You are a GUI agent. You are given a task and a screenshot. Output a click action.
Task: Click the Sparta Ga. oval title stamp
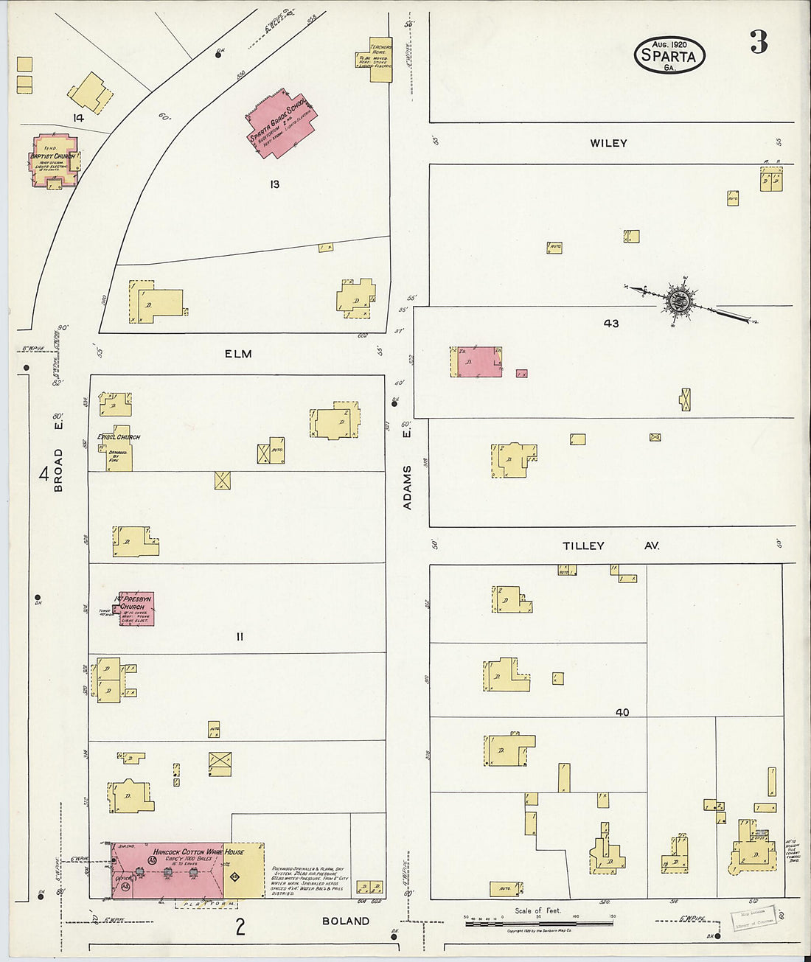click(669, 55)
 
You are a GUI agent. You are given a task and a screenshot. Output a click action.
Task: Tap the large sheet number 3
click(759, 43)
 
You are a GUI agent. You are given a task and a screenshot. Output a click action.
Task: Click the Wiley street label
click(608, 143)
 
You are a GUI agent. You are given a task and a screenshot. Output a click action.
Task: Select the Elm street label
click(238, 354)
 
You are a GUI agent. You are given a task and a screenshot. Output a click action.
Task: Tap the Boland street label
click(346, 921)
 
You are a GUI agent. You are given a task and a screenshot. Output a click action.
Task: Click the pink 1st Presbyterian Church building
click(136, 608)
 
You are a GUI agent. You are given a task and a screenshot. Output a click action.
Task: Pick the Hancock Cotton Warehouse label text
click(198, 852)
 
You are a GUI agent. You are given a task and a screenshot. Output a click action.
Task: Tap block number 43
click(611, 323)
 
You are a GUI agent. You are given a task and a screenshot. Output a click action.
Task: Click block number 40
click(622, 712)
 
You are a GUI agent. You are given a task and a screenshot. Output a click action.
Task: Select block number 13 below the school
click(274, 184)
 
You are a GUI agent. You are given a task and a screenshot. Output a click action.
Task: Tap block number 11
click(240, 636)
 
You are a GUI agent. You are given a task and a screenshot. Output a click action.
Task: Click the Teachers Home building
click(380, 58)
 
